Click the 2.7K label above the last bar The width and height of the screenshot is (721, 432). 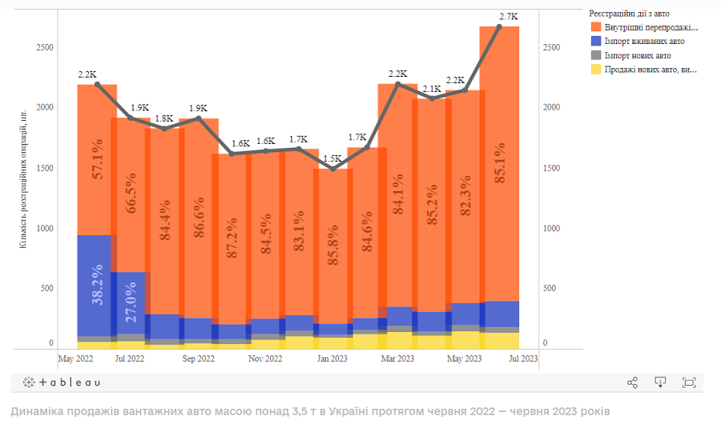[x=508, y=16]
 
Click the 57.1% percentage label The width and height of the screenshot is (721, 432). [x=97, y=158]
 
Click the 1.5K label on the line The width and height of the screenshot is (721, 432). [x=334, y=158]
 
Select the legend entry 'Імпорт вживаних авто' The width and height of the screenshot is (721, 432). [x=644, y=42]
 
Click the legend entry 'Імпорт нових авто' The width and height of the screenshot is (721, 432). [x=638, y=56]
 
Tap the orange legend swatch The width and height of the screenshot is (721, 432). [x=595, y=27]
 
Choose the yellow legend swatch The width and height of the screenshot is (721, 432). [x=595, y=70]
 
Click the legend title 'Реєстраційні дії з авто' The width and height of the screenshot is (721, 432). [x=629, y=14]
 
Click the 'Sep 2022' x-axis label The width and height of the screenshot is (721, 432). [x=197, y=359]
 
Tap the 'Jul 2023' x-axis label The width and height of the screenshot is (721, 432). [x=524, y=359]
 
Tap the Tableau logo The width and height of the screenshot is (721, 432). [x=62, y=382]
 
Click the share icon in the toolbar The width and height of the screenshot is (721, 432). [x=632, y=382]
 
